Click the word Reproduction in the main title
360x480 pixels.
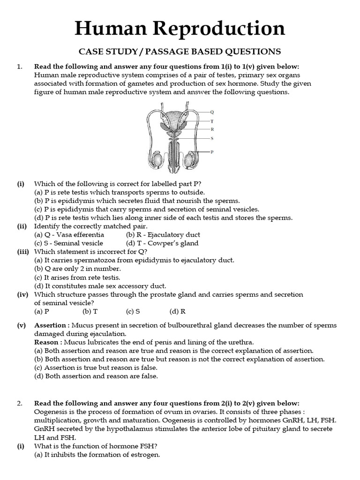tap(217, 30)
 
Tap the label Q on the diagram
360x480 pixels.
tap(212, 112)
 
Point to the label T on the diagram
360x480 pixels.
tap(212, 121)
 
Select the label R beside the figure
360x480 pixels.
tap(212, 129)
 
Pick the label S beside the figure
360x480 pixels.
tap(212, 138)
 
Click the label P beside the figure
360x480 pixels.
tap(212, 152)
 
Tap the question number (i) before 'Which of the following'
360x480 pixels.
tap(21, 184)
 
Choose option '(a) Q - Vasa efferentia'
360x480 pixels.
tap(69, 234)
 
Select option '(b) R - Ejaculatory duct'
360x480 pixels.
tap(163, 234)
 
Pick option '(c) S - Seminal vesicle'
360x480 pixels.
tap(68, 243)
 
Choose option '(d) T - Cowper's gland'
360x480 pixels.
tap(162, 243)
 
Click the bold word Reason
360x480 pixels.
tap(46, 342)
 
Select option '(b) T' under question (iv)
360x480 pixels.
tap(90, 310)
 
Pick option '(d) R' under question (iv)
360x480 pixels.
tap(177, 310)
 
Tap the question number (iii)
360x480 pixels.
tap(22, 251)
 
